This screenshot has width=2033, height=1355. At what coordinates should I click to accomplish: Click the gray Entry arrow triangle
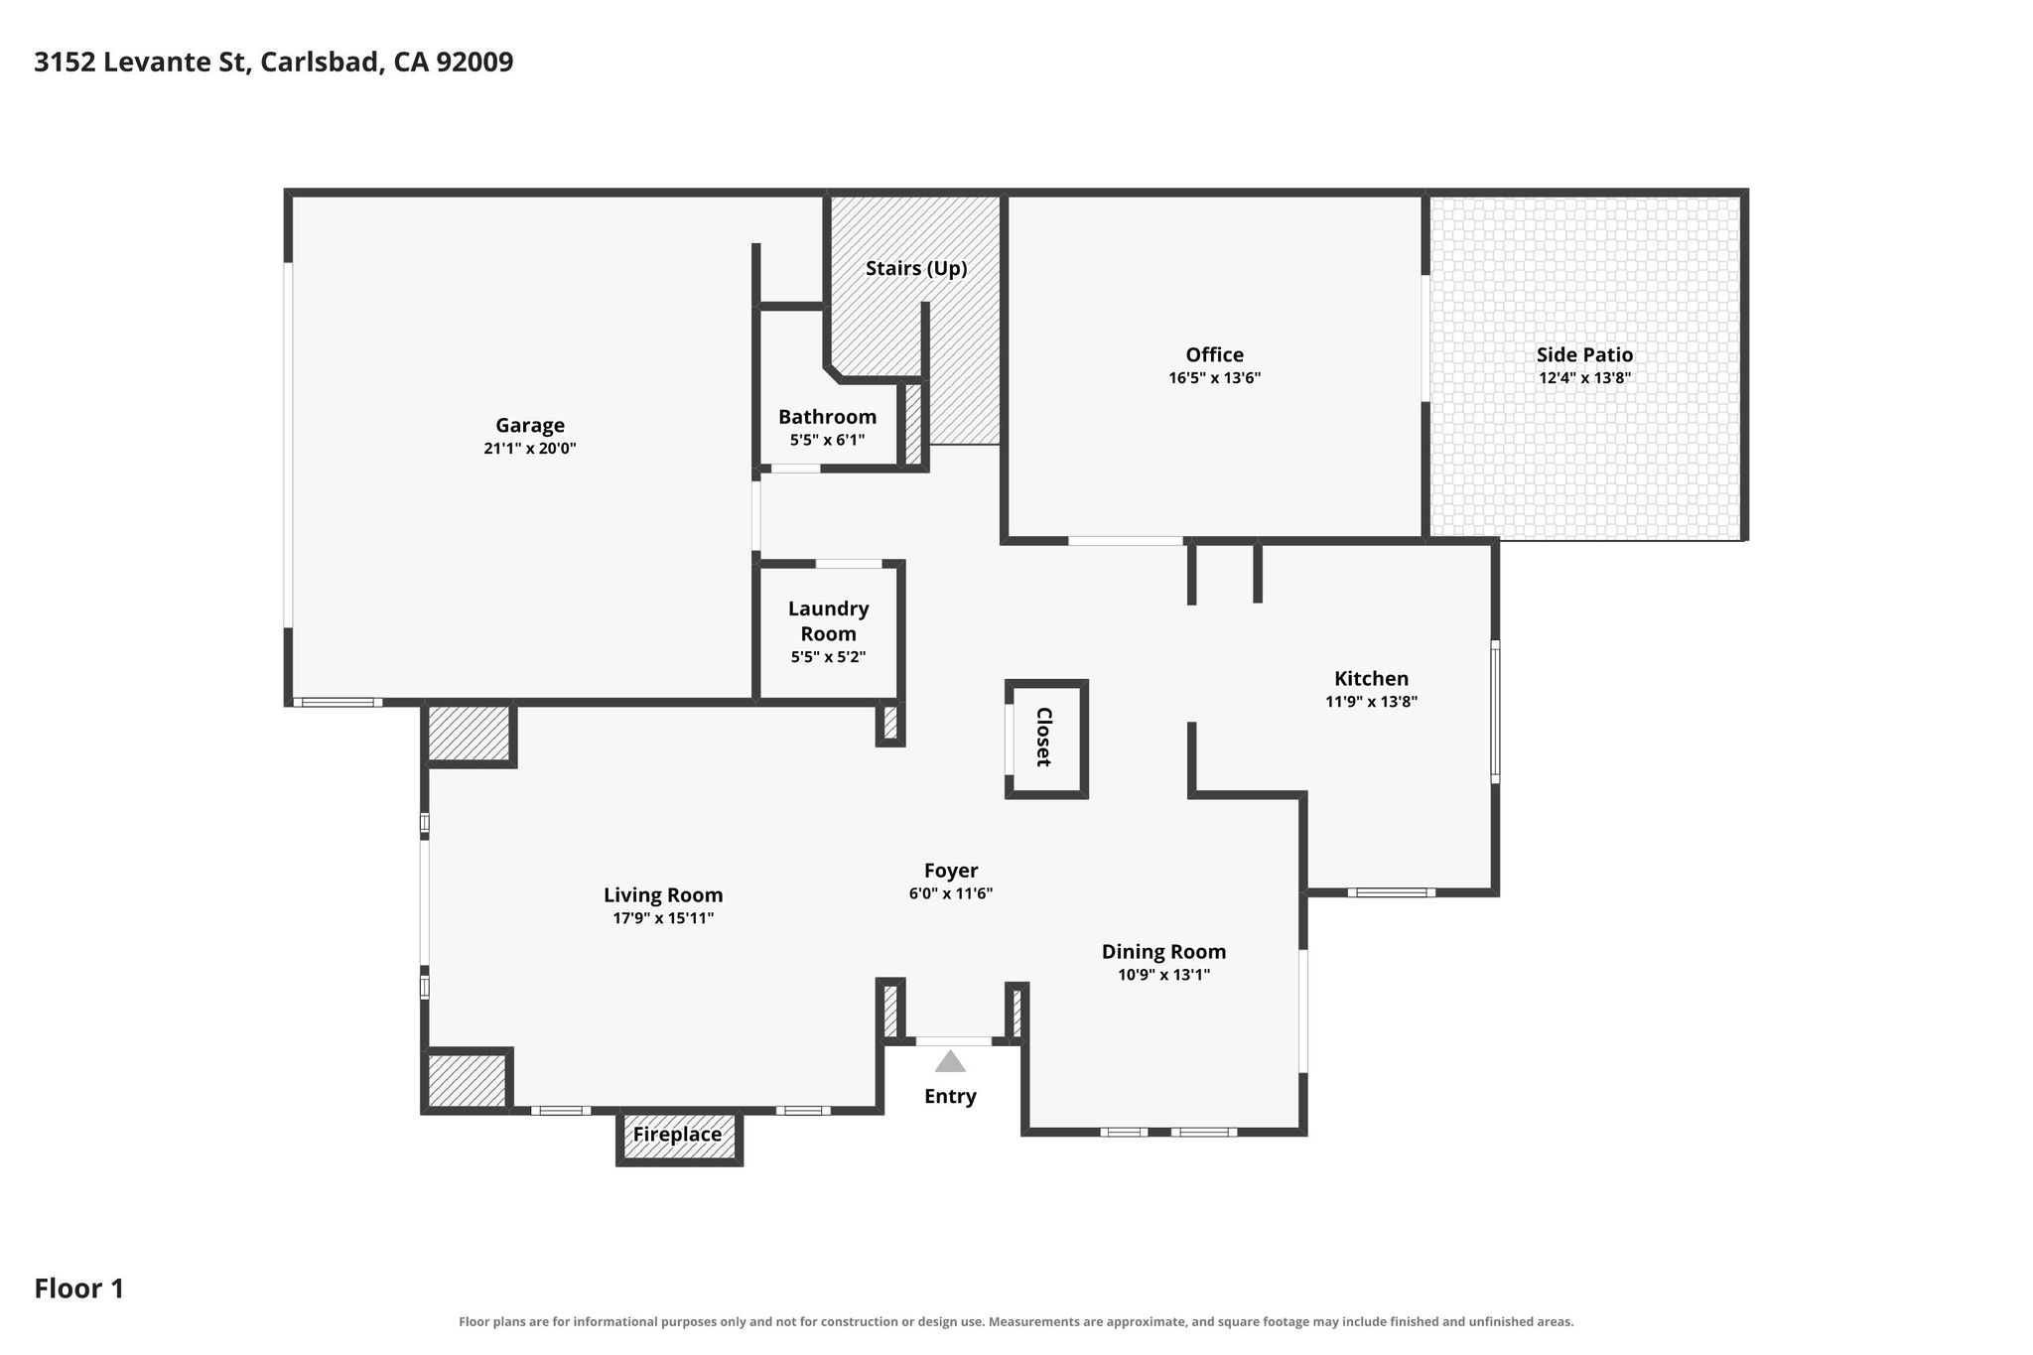coord(950,1062)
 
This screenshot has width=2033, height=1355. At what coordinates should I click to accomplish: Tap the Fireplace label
coord(678,1135)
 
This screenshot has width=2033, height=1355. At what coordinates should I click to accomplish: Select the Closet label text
coord(1043,737)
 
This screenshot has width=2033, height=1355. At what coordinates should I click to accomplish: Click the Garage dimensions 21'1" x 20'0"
coord(530,449)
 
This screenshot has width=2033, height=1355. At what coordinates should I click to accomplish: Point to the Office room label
coord(1214,355)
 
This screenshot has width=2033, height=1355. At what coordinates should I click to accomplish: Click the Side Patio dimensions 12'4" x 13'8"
coord(1584,378)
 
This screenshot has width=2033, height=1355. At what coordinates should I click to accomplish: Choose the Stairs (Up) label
coord(916,268)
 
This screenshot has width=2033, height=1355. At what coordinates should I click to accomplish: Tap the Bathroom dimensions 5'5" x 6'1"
coord(828,440)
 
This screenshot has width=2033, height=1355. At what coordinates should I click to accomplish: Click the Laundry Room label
coord(829,621)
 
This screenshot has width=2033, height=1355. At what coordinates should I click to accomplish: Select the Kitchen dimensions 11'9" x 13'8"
coord(1371,702)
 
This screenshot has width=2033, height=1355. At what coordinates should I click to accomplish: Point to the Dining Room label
coord(1163,952)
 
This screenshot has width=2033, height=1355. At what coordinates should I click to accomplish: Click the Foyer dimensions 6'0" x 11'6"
coord(951,893)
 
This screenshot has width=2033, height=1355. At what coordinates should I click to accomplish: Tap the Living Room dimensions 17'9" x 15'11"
coord(663,918)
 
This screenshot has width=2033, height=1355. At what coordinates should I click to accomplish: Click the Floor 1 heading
coord(79,1288)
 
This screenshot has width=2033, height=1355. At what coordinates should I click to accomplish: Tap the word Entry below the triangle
coord(950,1096)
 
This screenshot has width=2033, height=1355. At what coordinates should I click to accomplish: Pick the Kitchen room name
coord(1371,679)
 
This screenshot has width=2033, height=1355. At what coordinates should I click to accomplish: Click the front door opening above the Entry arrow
coord(953,1041)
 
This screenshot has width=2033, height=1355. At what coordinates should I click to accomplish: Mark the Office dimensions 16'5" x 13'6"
coord(1214,378)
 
